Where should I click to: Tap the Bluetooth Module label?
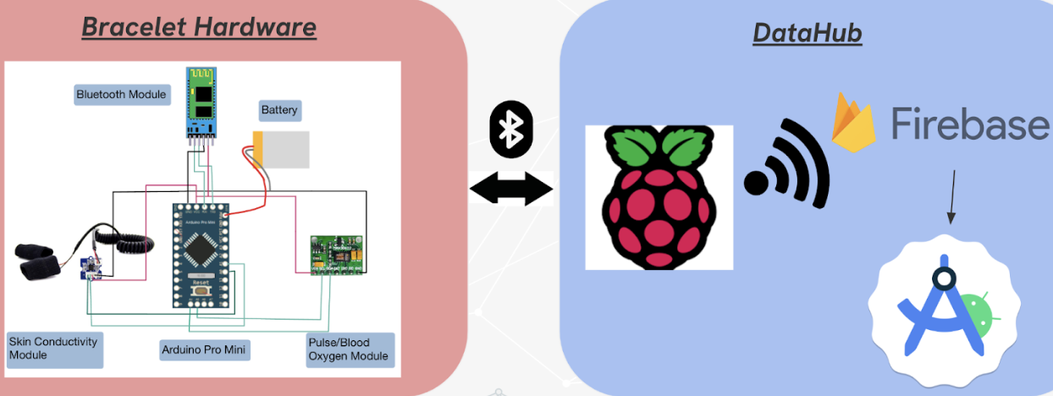click(121, 94)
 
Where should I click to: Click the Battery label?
click(279, 110)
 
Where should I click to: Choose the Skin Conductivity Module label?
click(54, 348)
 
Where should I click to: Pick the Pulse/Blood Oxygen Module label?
click(349, 349)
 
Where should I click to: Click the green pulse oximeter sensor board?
click(337, 255)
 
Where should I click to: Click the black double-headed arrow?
click(510, 188)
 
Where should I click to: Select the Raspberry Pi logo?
click(659, 196)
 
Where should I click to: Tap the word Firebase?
click(968, 125)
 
